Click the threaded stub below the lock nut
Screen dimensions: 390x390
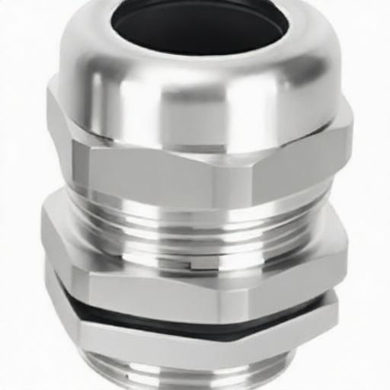pyautogui.click(x=190, y=377)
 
